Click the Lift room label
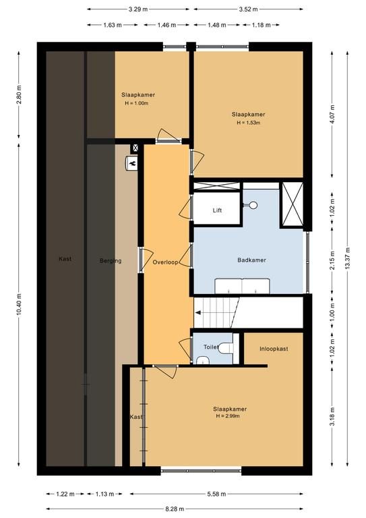pyautogui.click(x=217, y=210)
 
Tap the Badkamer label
pyautogui.click(x=251, y=260)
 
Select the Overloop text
pyautogui.click(x=165, y=262)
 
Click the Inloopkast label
pyautogui.click(x=274, y=349)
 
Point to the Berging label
pyautogui.click(x=111, y=261)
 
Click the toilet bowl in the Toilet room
pyautogui.click(x=226, y=348)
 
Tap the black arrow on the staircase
pyautogui.click(x=198, y=312)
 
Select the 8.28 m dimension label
pyautogui.click(x=175, y=509)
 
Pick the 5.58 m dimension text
pyautogui.click(x=216, y=494)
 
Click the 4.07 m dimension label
pyautogui.click(x=332, y=114)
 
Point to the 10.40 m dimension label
pyautogui.click(x=19, y=304)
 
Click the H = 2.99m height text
pyautogui.click(x=228, y=416)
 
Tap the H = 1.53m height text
pyautogui.click(x=249, y=123)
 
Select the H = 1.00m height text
pyautogui.click(x=137, y=103)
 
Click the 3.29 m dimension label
pyautogui.click(x=138, y=9)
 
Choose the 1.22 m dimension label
pyautogui.click(x=65, y=494)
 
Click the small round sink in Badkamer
pyautogui.click(x=253, y=205)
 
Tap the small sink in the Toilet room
pyautogui.click(x=203, y=360)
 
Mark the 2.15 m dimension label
pyautogui.click(x=332, y=260)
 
